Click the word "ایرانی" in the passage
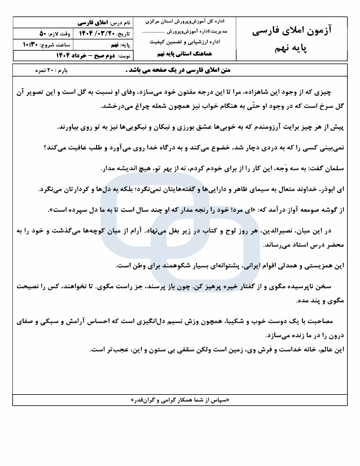229,265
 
